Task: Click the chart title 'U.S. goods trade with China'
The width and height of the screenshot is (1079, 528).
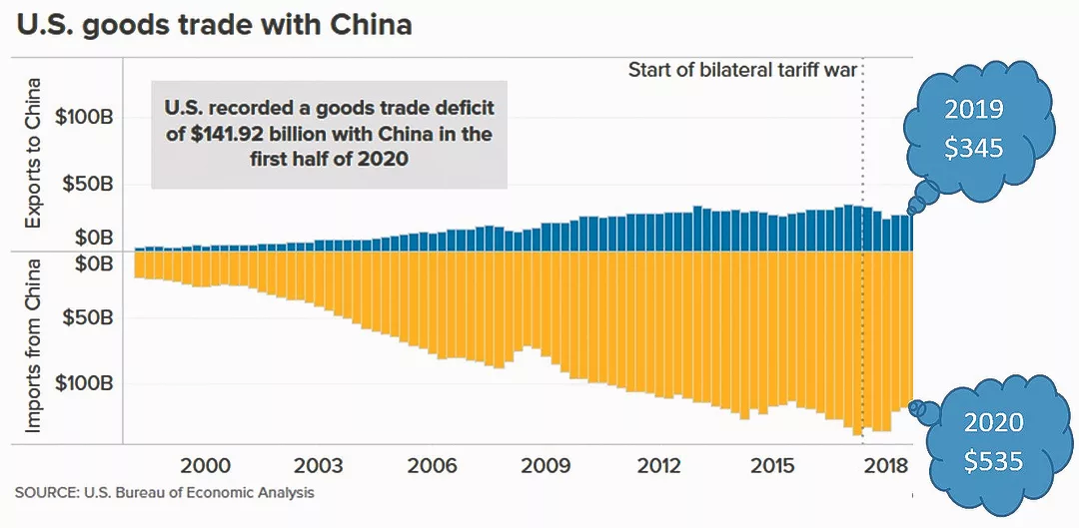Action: coord(213,24)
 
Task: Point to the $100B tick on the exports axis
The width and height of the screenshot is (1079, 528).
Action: coord(87,117)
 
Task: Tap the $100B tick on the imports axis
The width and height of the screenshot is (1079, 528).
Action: coord(87,384)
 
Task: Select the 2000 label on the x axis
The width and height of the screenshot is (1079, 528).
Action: coord(205,466)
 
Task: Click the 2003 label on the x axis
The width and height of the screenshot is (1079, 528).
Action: coord(319,466)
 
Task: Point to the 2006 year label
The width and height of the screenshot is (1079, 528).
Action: coord(433,466)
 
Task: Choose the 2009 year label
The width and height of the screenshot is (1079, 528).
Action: coord(545,466)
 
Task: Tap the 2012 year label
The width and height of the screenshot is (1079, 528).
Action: coord(659,466)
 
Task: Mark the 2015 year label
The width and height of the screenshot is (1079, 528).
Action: coord(773,466)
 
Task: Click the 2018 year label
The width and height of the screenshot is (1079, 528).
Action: coord(885,466)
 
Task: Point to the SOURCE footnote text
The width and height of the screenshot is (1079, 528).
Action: coord(165,493)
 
